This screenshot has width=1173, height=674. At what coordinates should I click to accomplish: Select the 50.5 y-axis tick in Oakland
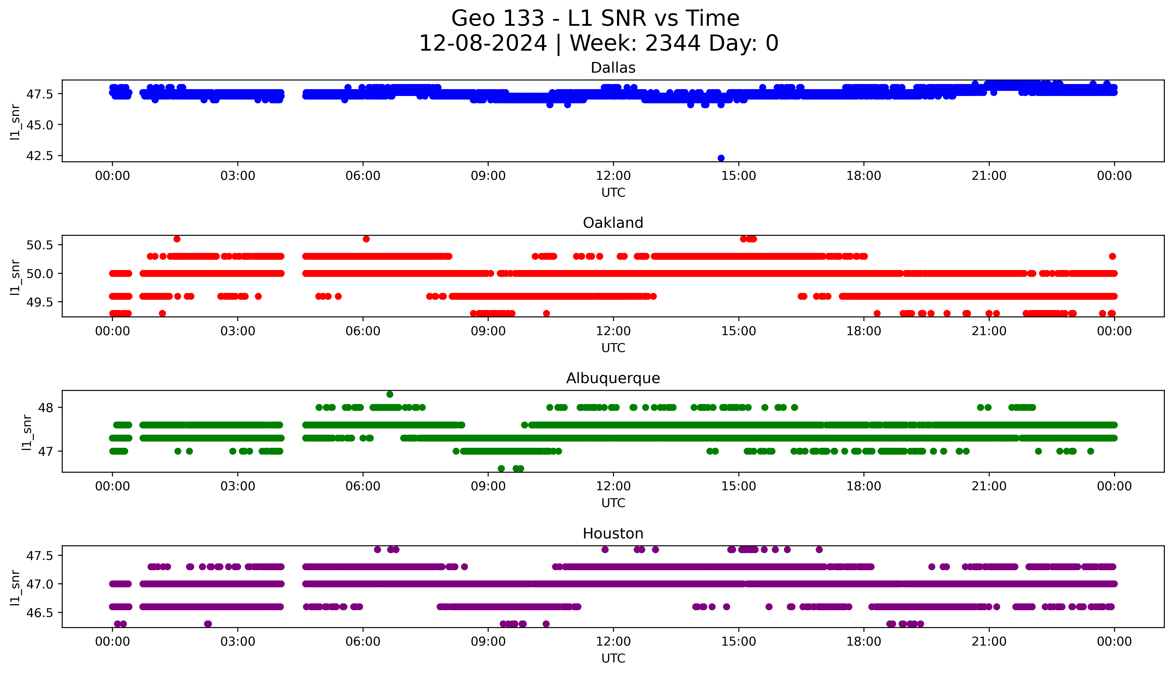(40, 245)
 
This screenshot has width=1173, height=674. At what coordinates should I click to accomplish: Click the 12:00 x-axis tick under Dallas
(613, 176)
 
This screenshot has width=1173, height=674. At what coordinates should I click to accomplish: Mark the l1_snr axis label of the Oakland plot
(15, 277)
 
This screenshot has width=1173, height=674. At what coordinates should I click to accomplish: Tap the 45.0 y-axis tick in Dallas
(40, 125)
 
